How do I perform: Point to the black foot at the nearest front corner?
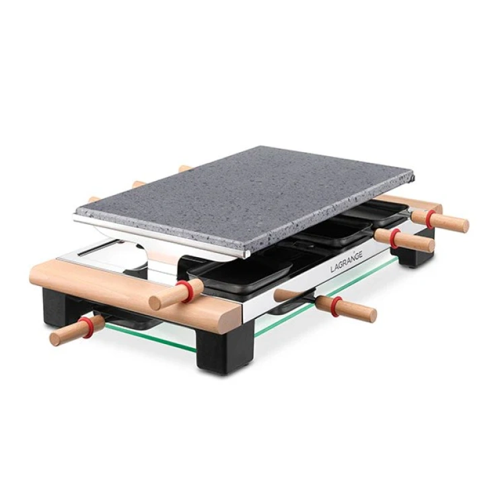pos(225,347)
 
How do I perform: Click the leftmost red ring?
pos(85,328)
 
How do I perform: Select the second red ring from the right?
pos(394,238)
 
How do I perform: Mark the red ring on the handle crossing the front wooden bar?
pos(184,290)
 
